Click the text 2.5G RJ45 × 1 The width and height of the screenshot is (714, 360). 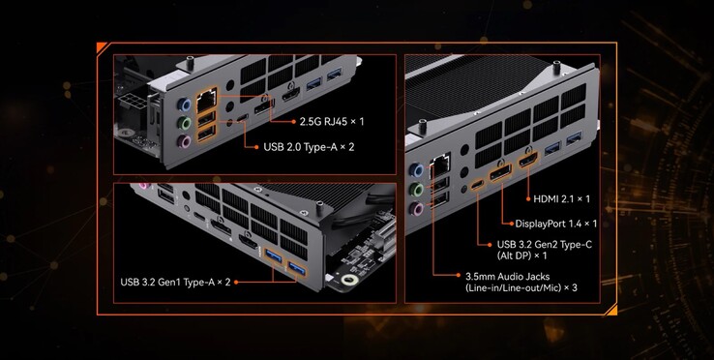point(332,122)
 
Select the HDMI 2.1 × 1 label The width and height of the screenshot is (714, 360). point(561,198)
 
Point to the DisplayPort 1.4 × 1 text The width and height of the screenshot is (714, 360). point(556,224)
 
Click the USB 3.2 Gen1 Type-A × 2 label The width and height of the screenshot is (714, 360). point(175,282)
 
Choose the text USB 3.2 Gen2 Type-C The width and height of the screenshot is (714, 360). point(545,245)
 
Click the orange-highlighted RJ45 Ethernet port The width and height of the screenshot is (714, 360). point(206,101)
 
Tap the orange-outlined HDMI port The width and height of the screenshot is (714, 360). point(527,161)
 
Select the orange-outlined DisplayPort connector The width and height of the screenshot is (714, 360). point(500,173)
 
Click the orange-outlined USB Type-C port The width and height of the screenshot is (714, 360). point(478,185)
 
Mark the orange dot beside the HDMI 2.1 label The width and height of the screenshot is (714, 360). point(527,199)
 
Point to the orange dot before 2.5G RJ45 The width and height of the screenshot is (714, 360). point(294,122)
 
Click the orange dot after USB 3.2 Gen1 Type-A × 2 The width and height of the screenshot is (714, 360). point(236,283)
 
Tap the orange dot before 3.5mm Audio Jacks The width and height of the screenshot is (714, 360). point(459,275)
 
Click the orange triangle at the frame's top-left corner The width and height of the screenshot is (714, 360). point(101,46)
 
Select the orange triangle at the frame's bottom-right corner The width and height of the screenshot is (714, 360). point(612,311)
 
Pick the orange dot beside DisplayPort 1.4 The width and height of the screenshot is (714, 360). point(511,224)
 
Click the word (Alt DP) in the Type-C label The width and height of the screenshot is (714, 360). point(514,255)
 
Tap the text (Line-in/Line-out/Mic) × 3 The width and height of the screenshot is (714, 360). point(521,288)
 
